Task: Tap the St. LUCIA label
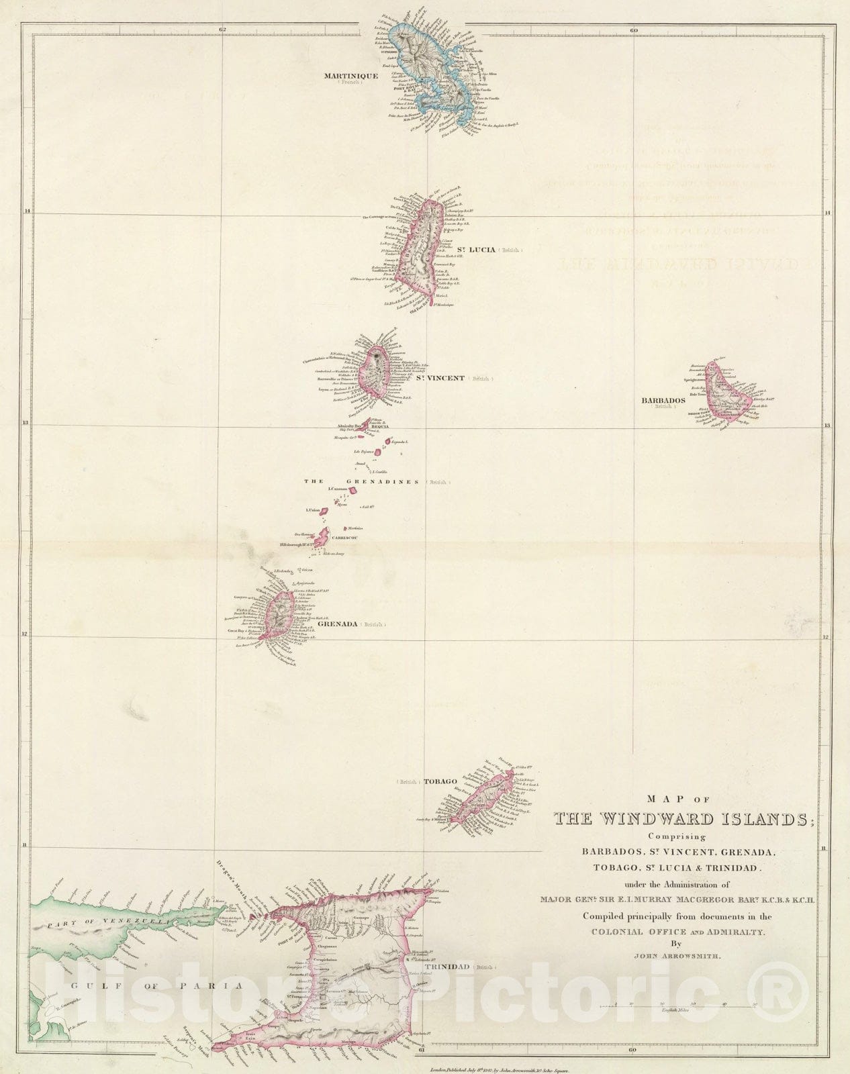tap(475, 250)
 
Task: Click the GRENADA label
tap(336, 624)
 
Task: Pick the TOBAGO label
tap(440, 782)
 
